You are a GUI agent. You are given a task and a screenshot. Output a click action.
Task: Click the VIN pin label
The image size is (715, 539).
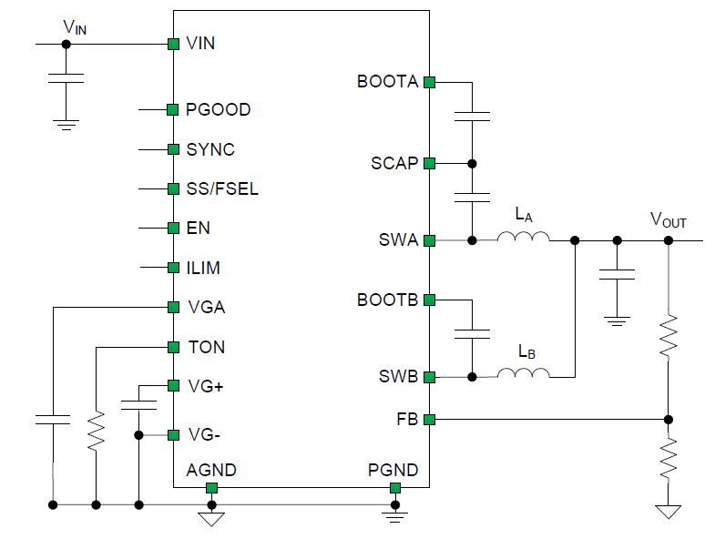tap(200, 44)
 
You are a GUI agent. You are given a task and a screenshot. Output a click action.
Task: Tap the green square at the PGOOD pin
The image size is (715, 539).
tap(173, 110)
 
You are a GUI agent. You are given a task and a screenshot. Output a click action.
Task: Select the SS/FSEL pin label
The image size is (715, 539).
tap(222, 188)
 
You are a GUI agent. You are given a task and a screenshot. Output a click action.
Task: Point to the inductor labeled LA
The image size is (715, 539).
tap(523, 236)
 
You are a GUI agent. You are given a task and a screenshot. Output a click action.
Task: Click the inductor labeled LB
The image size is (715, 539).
tap(523, 373)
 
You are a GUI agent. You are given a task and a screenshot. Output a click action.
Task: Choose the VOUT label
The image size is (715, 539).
tap(668, 219)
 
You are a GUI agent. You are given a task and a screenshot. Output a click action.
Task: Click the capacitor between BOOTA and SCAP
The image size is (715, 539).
tap(473, 117)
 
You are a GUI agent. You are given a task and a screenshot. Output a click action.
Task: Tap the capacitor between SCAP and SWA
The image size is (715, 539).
tap(473, 198)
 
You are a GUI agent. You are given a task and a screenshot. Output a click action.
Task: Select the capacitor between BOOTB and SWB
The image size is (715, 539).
tap(473, 334)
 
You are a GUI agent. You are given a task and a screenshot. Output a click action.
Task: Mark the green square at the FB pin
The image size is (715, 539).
tap(430, 420)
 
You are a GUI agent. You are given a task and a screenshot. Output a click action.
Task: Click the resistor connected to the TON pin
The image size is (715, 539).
tap(97, 432)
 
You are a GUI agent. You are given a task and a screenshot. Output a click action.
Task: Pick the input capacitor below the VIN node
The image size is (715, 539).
tap(66, 78)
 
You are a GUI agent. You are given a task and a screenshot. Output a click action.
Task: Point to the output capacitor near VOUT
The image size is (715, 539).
tap(617, 275)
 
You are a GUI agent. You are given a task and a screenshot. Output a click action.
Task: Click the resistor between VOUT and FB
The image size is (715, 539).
tap(669, 336)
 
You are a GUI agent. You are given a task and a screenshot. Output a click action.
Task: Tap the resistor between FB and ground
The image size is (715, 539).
tap(669, 459)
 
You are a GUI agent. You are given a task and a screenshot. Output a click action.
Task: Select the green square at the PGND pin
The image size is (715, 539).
tap(395, 488)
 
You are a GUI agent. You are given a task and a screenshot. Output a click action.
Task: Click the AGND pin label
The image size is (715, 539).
tap(211, 470)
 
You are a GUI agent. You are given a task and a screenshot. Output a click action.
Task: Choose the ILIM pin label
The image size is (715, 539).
tap(203, 268)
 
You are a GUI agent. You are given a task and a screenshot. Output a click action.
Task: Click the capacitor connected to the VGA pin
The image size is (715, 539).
tap(54, 420)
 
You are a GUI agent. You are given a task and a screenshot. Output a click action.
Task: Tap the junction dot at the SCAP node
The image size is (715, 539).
tap(473, 163)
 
